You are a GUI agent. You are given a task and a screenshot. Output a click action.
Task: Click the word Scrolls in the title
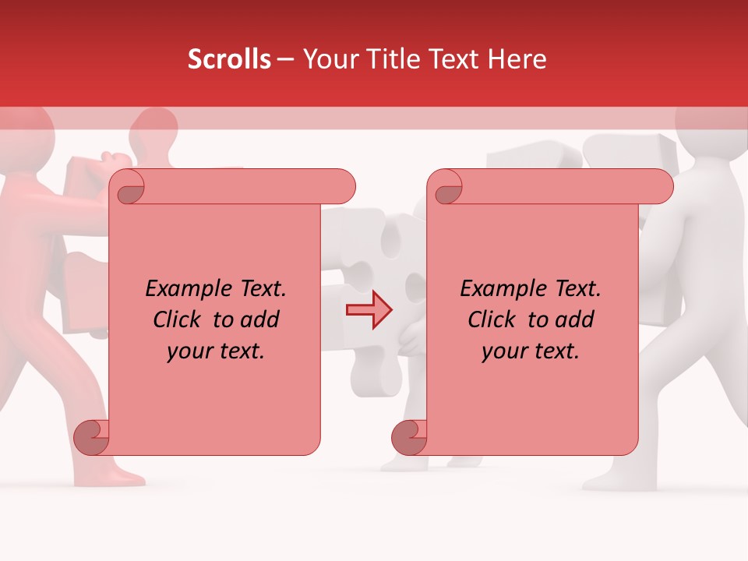click(x=229, y=59)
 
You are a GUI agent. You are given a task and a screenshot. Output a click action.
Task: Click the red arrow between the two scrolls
click(x=369, y=310)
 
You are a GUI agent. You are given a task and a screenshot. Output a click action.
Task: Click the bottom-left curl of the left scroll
click(x=92, y=438)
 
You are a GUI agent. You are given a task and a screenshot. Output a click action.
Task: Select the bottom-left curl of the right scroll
click(x=409, y=438)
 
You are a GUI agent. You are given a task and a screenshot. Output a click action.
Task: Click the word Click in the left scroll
click(x=177, y=320)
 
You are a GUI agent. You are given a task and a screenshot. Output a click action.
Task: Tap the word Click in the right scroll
click(x=492, y=320)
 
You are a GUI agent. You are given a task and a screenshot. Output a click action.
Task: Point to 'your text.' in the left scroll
click(x=216, y=351)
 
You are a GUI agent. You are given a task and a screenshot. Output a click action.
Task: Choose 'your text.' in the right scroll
click(x=531, y=351)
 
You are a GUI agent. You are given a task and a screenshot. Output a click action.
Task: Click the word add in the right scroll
click(x=573, y=320)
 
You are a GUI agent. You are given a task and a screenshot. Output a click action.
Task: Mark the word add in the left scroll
click(x=259, y=320)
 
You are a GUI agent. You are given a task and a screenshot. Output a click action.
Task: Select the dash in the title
click(x=285, y=60)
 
